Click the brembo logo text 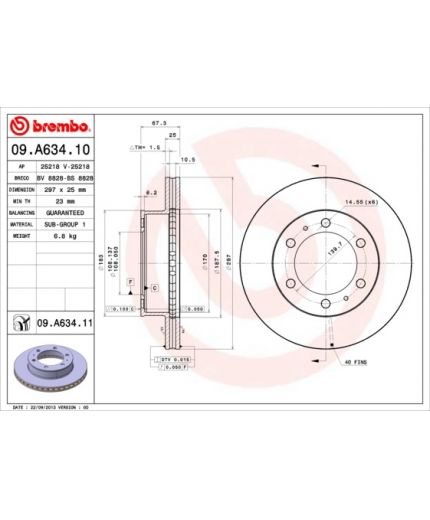point(51,126)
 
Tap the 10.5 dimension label point(186,158)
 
